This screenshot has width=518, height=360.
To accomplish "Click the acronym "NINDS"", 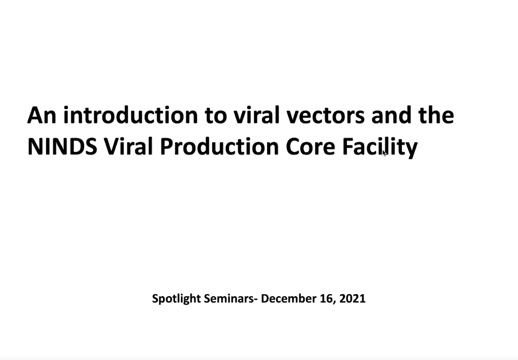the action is click(x=62, y=146).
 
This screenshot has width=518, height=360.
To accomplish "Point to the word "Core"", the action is click(x=310, y=147).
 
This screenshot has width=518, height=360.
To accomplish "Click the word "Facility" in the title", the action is click(x=380, y=148).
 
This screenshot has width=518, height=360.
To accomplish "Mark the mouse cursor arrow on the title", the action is click(x=384, y=153).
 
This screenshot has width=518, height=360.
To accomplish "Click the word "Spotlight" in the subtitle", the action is click(x=177, y=299).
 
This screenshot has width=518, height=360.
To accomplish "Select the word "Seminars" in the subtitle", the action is click(x=228, y=298).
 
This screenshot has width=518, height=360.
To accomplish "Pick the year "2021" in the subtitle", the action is click(x=352, y=298).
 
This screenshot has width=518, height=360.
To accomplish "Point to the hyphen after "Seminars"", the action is click(x=255, y=300).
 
